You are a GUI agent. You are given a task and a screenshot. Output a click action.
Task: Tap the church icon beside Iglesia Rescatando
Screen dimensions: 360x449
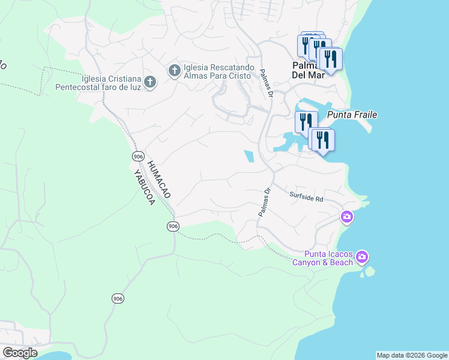[174, 72]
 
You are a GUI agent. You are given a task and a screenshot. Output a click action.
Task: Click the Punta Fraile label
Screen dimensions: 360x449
[352, 114]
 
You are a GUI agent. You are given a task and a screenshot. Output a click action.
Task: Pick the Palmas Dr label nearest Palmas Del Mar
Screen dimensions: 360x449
[267, 83]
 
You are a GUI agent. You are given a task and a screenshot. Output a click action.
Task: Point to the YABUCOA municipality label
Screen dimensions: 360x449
[144, 187]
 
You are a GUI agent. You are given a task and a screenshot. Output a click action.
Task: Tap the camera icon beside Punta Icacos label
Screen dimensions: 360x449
[361, 257]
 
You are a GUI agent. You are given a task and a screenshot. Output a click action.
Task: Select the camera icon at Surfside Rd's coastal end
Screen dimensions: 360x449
[346, 217]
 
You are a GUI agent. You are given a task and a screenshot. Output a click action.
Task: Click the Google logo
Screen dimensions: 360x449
[19, 353]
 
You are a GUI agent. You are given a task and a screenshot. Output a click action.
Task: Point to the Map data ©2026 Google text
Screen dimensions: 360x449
[412, 355]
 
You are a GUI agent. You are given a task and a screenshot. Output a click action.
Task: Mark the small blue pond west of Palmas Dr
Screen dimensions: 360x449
[249, 157]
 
